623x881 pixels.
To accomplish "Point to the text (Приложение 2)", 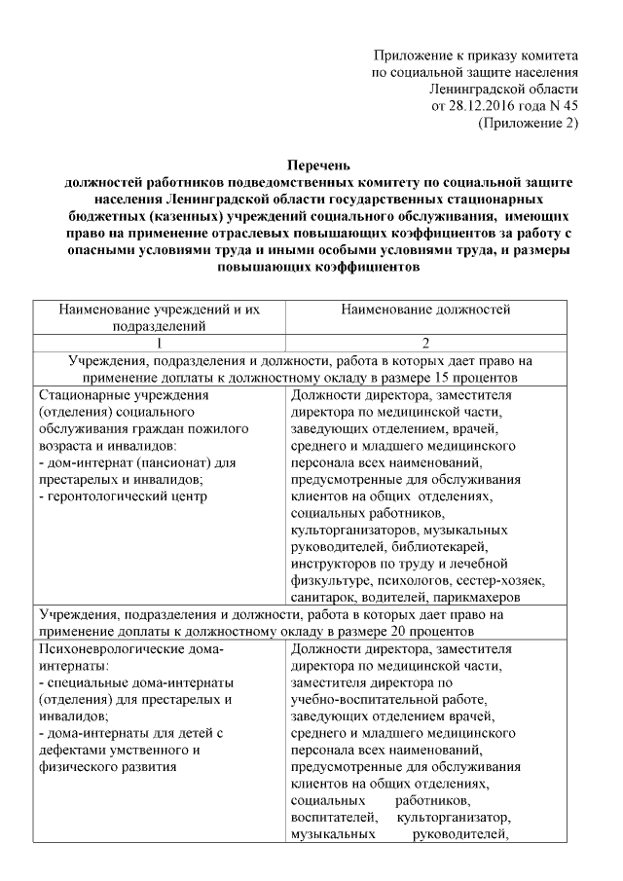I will point(529,123).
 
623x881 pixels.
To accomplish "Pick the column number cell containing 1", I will point(160,342).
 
